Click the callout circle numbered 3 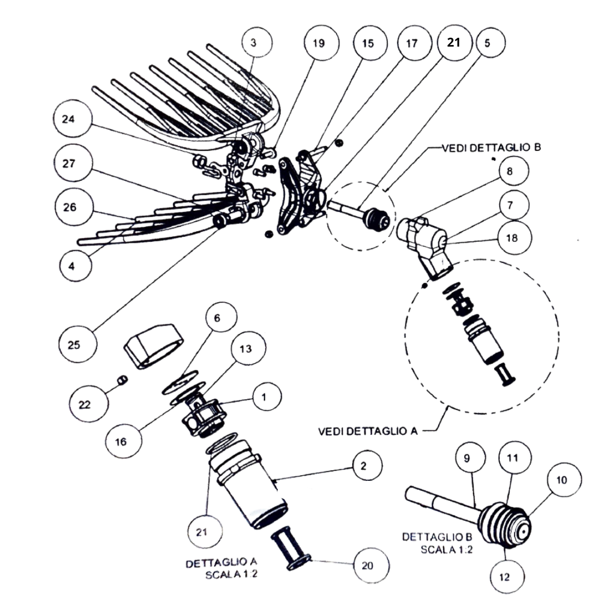tap(253, 43)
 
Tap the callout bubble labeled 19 tap(318, 43)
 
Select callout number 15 tap(368, 43)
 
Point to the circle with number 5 tap(487, 43)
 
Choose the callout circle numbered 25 tap(74, 344)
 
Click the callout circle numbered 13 tap(246, 349)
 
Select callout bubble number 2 tap(363, 465)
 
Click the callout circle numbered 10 tap(562, 480)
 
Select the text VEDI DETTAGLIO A tap(368, 431)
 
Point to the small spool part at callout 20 tap(290, 550)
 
